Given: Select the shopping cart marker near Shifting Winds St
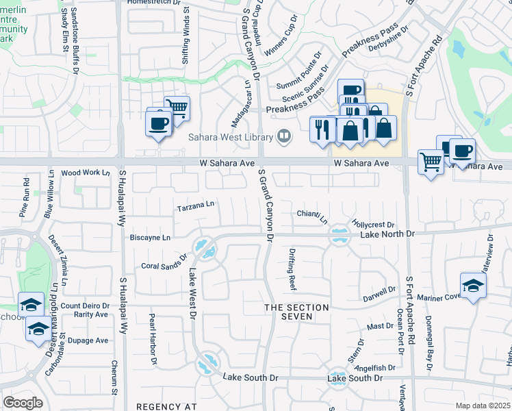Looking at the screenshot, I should coord(177,108).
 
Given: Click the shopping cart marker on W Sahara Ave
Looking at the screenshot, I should coord(430,162).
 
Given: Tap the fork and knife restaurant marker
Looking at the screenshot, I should coord(321,129).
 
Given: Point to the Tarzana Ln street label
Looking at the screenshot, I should coord(196,205).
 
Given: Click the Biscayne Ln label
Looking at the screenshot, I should coord(150,238).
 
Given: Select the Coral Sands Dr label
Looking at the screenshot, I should coord(164,263).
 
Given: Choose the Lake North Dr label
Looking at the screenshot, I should coord(387,234).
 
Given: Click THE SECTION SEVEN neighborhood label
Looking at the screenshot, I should coord(298,312).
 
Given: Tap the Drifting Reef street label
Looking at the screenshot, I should coord(292,269).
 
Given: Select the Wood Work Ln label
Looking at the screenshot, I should coord(86,173).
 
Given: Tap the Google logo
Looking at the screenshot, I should coord(23,403).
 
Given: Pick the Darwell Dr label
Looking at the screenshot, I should coord(380,293).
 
